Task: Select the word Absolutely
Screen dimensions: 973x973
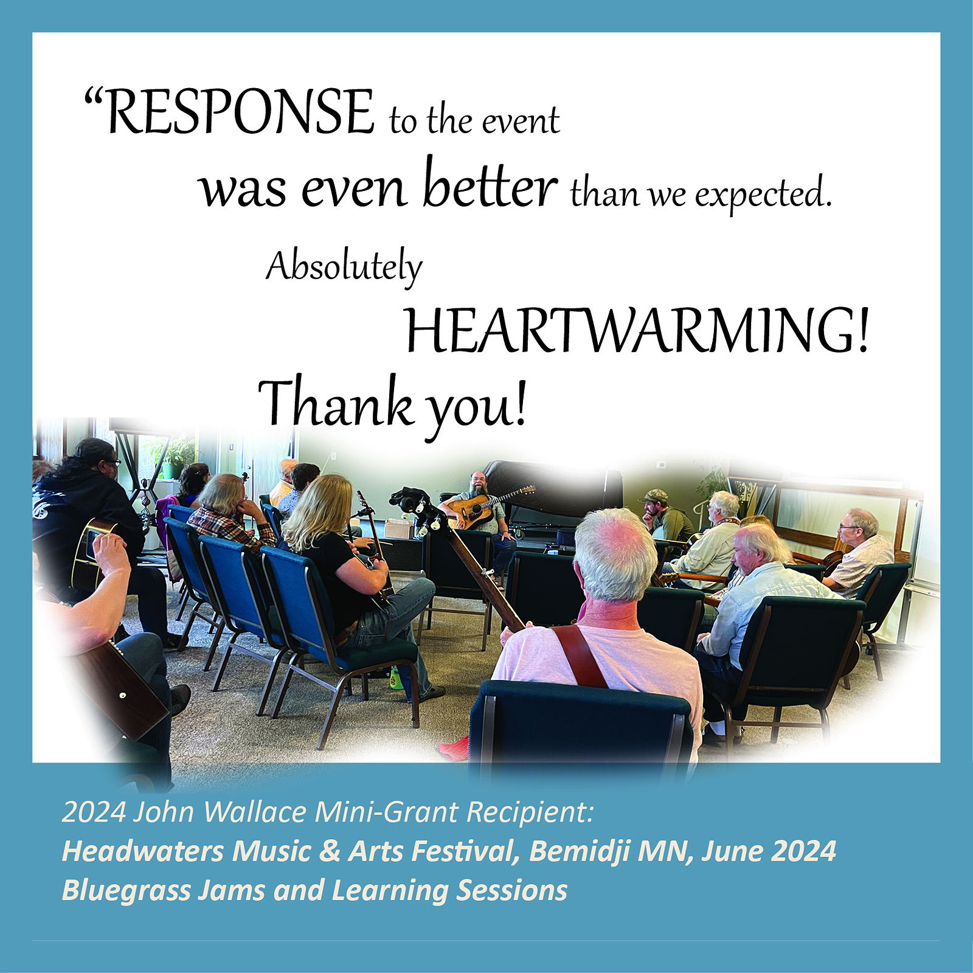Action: pyautogui.click(x=344, y=267)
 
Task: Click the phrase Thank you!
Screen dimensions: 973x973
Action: pyautogui.click(x=393, y=404)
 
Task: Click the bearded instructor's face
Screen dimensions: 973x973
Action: pyautogui.click(x=478, y=484)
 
